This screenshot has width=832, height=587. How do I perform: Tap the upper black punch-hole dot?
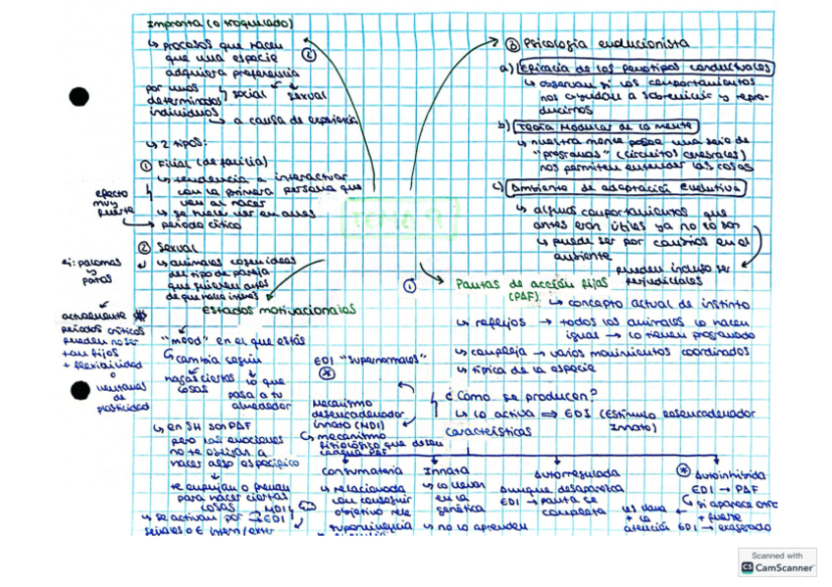(78, 97)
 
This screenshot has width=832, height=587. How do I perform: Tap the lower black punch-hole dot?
(79, 391)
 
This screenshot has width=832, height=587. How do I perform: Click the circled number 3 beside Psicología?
(512, 44)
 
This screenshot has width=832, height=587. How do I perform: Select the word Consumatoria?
(357, 471)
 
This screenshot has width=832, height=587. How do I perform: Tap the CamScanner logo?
(776, 566)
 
